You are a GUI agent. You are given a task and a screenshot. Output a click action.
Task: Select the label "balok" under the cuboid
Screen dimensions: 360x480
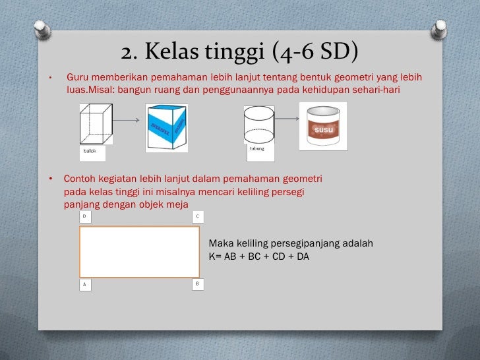pyautogui.click(x=90, y=152)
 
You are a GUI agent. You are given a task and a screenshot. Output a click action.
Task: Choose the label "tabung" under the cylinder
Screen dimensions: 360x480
pyautogui.click(x=257, y=148)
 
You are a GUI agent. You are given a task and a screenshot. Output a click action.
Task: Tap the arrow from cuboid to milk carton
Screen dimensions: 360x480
pyautogui.click(x=129, y=120)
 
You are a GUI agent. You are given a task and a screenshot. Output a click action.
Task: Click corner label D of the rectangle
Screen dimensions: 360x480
pyautogui.click(x=84, y=216)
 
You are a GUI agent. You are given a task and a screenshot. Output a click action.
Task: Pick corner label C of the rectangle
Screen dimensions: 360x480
pyautogui.click(x=198, y=216)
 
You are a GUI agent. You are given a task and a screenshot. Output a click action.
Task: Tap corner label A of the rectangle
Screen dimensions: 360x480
pyautogui.click(x=84, y=285)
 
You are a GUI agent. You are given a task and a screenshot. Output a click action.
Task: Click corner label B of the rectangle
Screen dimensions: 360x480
pyautogui.click(x=198, y=284)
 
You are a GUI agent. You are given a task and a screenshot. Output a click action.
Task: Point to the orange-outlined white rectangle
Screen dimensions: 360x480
pyautogui.click(x=139, y=251)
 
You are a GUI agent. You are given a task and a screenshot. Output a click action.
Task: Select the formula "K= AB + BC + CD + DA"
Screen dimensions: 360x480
pyautogui.click(x=258, y=256)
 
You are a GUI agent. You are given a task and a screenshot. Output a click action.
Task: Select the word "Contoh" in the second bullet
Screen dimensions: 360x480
pyautogui.click(x=78, y=179)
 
